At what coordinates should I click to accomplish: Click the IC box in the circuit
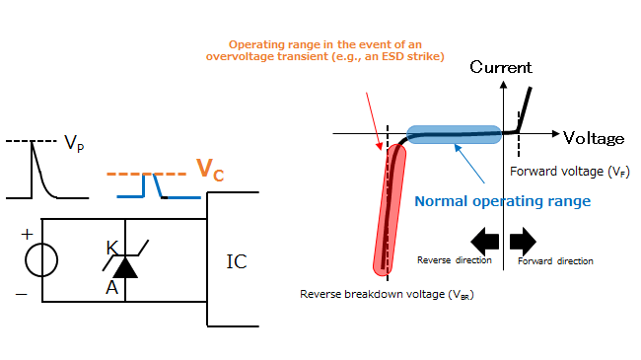237,260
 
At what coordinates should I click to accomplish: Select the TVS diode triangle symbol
125,265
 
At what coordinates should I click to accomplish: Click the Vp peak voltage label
73,144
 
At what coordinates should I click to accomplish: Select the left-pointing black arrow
484,239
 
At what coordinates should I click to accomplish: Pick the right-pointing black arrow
523,239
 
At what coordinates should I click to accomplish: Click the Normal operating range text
502,201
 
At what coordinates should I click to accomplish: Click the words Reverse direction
453,261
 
